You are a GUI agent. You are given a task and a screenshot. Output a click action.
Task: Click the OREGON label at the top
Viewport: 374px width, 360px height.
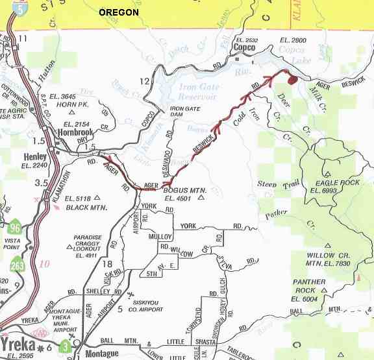click(x=118, y=12)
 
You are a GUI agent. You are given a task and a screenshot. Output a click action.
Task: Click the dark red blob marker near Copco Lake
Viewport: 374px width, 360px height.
click(x=292, y=79)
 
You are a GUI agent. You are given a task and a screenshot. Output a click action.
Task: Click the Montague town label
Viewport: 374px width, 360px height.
click(x=103, y=354)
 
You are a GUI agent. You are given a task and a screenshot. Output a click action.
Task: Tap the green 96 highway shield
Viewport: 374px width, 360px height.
click(x=14, y=228)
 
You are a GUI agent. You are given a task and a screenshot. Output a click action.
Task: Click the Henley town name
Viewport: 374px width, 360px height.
click(x=34, y=157)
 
